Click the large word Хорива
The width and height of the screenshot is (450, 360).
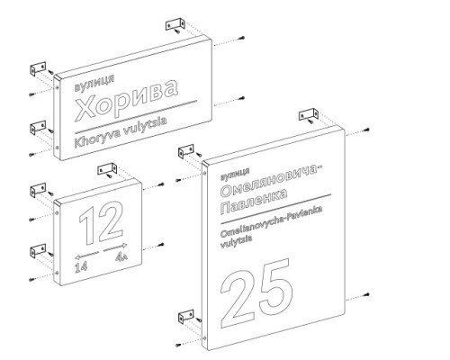click(127, 100)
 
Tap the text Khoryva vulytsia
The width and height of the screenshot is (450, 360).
click(121, 133)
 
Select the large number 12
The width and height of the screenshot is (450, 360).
click(101, 222)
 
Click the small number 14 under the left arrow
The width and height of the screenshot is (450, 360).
click(81, 266)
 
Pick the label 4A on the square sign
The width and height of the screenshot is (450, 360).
click(121, 256)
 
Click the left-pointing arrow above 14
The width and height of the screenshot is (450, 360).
click(87, 255)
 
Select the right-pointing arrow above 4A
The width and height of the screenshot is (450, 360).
click(115, 247)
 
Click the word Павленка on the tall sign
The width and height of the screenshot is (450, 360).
click(254, 202)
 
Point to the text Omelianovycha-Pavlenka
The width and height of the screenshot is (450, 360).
click(272, 221)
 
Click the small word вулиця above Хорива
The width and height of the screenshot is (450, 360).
click(94, 83)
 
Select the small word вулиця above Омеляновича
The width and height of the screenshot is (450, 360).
click(235, 175)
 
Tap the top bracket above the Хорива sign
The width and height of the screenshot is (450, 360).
click(175, 25)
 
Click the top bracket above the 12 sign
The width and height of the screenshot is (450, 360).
click(107, 170)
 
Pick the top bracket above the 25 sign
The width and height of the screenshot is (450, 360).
click(309, 115)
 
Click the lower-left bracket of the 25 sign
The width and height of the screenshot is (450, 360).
click(186, 318)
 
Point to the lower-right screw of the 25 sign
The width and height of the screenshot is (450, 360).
click(366, 294)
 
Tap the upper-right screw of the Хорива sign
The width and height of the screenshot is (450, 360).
click(242, 38)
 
